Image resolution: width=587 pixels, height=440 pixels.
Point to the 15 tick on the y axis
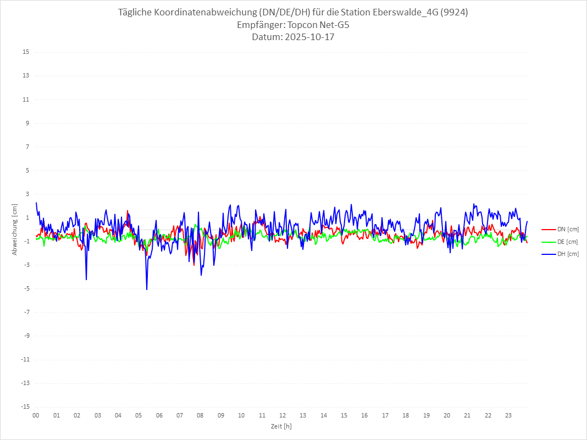pos(26,52)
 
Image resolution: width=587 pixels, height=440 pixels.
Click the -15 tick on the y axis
pos(25,407)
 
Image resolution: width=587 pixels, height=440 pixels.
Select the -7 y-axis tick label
pos(26,312)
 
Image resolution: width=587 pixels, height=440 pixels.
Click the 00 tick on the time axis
pos(36,415)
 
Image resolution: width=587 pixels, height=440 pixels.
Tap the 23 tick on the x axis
pos(508,415)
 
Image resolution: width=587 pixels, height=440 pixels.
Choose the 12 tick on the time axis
pos(283,415)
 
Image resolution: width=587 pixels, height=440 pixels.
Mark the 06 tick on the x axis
pos(159,415)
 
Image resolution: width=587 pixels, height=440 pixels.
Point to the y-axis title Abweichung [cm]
pos(15,230)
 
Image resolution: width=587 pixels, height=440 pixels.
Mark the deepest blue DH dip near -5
pos(147,289)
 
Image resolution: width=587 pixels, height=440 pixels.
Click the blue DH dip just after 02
pos(86,279)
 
